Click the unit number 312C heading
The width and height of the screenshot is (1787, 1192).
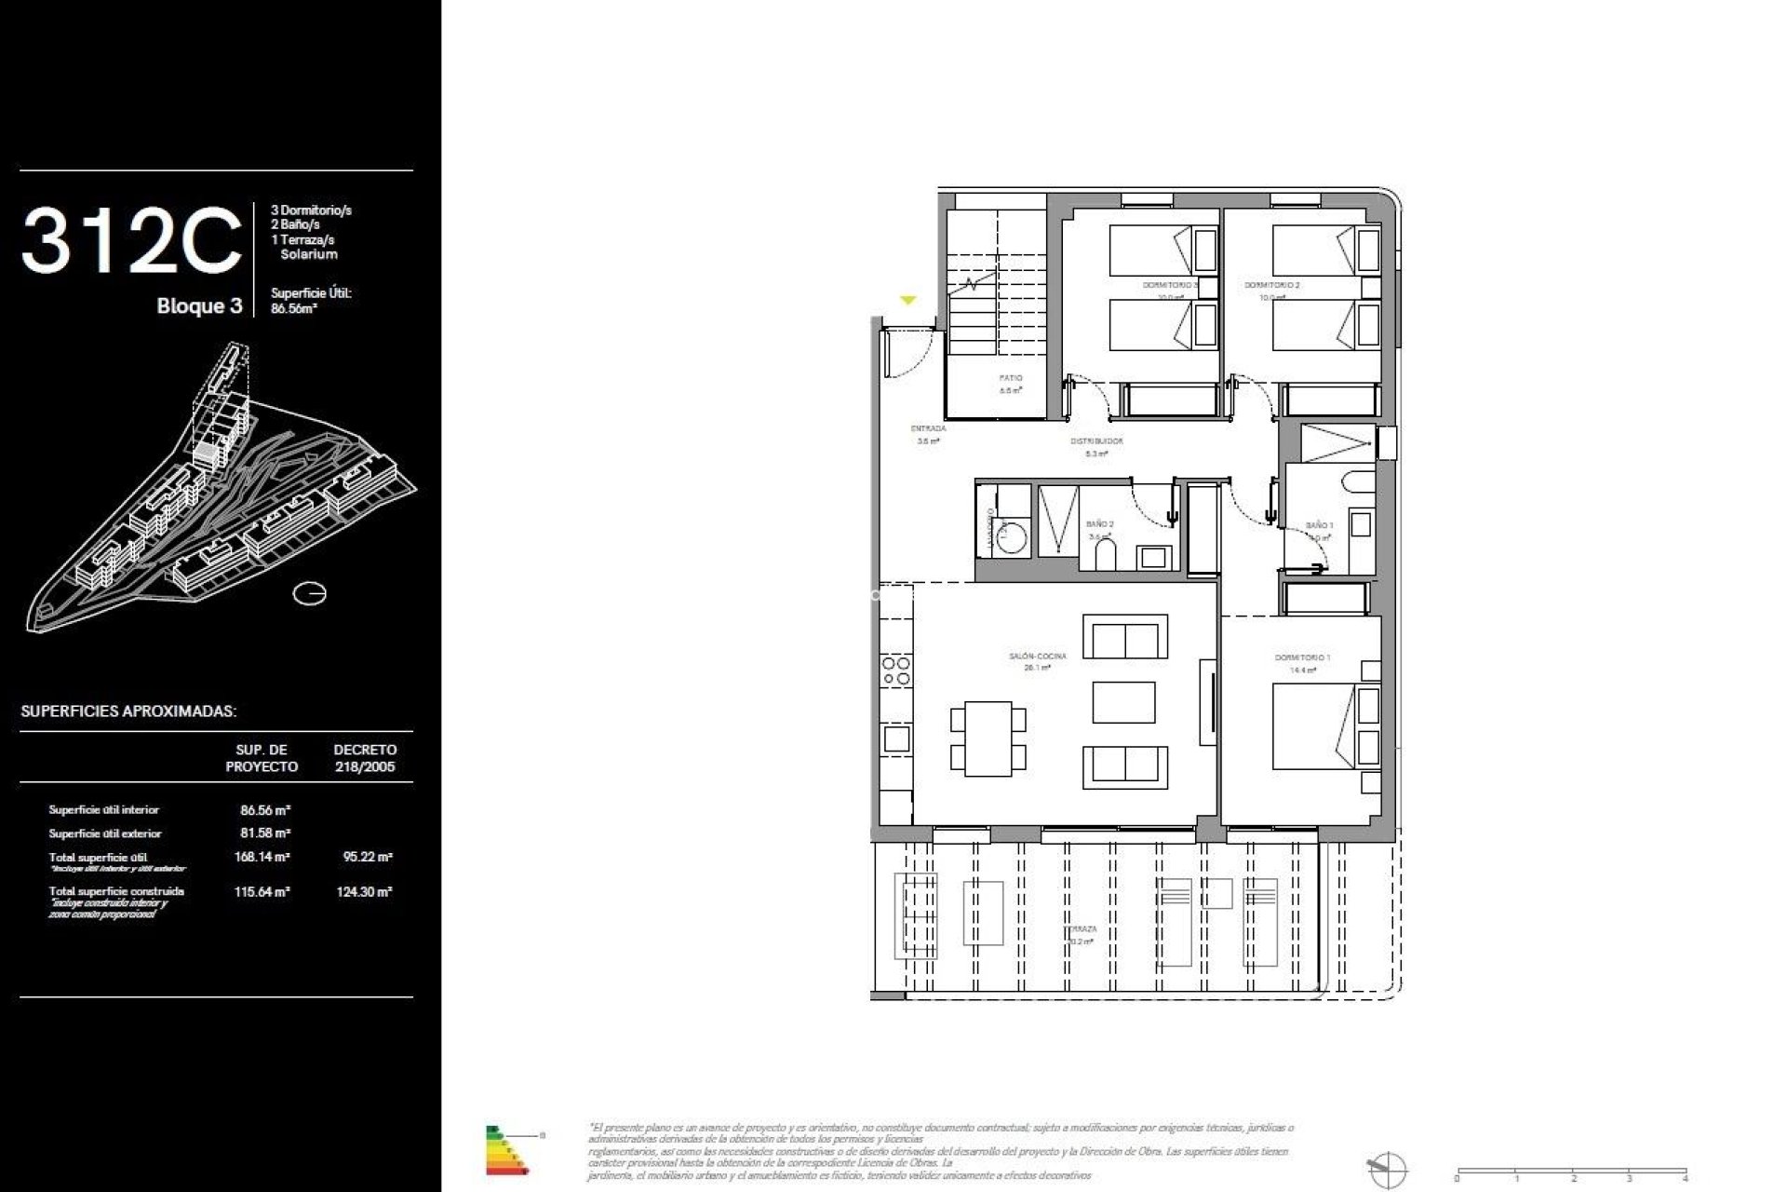(131, 242)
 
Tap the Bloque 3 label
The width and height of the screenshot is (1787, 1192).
(199, 306)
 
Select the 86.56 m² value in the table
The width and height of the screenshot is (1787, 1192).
(265, 810)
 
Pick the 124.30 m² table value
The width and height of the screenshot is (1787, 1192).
(364, 891)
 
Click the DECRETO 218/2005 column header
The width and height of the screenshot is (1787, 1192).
(365, 758)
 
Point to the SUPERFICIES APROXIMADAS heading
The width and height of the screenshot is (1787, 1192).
(128, 711)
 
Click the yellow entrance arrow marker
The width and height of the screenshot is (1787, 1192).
(907, 300)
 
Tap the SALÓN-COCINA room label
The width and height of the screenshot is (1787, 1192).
(1037, 657)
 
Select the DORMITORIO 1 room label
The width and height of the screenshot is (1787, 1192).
(1302, 657)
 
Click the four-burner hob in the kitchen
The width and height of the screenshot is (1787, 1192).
(896, 671)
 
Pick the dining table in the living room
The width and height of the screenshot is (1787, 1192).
(988, 738)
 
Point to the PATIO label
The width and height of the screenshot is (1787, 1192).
(1011, 379)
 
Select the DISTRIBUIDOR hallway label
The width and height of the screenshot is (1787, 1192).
(1096, 441)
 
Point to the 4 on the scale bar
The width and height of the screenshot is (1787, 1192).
(1685, 1178)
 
